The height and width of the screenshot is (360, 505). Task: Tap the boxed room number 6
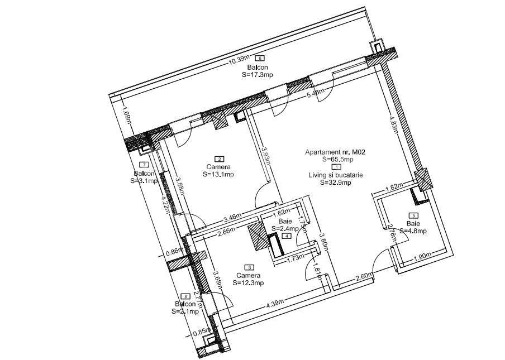tap(260, 59)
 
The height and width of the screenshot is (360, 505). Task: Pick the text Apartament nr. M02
tap(335, 152)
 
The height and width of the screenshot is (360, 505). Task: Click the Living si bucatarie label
tap(336, 175)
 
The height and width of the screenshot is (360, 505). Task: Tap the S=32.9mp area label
tap(336, 182)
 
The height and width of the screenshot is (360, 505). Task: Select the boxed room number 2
tap(220, 159)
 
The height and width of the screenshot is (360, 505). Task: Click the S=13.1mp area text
tap(218, 175)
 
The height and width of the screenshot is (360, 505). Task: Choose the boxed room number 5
tap(413, 215)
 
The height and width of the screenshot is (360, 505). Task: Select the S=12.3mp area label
tap(248, 284)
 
